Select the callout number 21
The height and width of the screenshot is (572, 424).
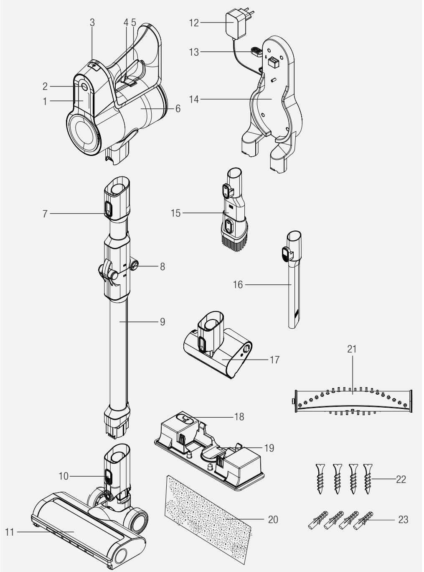[352, 349]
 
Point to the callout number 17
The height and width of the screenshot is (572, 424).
[274, 359]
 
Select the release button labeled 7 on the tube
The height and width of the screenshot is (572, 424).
[108, 208]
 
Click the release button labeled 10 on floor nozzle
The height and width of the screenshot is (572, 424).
[108, 476]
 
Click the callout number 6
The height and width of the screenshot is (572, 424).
[178, 109]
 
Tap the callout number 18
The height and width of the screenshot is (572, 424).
[239, 417]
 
